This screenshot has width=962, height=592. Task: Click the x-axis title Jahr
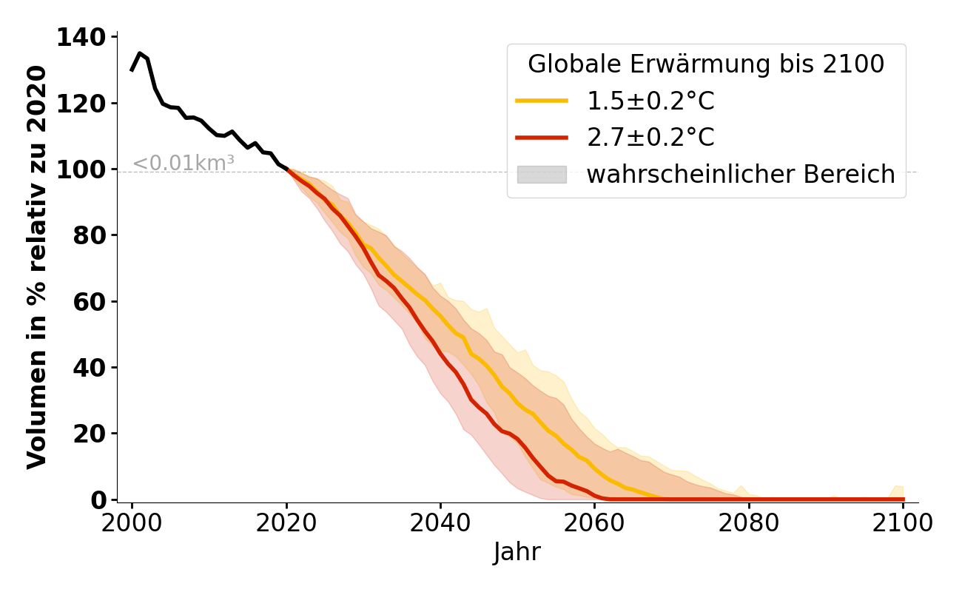[517, 552]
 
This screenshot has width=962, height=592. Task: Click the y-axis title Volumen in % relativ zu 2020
[37, 267]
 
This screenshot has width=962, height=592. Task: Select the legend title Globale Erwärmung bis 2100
[706, 64]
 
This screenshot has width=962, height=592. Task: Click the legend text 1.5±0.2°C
[650, 101]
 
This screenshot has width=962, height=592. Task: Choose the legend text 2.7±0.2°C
[650, 138]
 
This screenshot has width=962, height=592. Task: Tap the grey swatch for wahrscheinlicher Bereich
[542, 175]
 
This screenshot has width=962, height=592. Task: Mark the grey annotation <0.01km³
[184, 164]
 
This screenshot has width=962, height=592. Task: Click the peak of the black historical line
[140, 53]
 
